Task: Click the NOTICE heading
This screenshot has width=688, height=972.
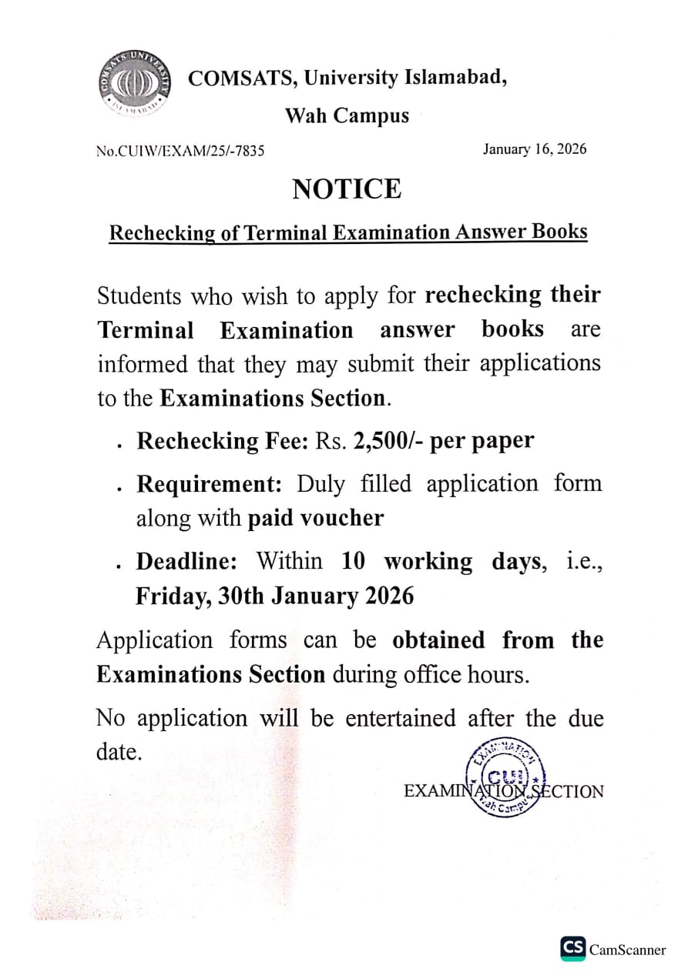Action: point(347,189)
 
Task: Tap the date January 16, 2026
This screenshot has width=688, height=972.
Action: point(535,149)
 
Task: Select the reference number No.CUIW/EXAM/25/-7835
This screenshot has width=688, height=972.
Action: point(180,152)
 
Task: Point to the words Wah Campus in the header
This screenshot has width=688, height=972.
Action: point(347,116)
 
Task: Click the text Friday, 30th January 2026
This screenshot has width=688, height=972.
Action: point(275,596)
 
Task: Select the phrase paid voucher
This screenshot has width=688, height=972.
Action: point(315,518)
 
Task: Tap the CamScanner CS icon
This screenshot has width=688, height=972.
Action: point(572,949)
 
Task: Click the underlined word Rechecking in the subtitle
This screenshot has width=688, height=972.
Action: point(163,233)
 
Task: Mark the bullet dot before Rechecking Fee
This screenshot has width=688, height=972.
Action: point(119,445)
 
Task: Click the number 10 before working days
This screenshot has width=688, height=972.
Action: point(354,561)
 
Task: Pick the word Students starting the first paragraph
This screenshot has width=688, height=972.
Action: point(139,296)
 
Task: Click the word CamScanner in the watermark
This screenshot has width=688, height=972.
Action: point(627,950)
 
